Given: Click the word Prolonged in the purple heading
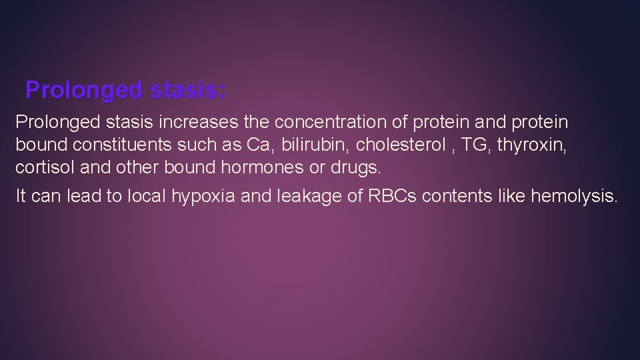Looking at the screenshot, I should (x=83, y=90).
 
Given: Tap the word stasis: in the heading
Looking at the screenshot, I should (x=188, y=90).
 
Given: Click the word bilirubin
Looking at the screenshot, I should (x=311, y=145).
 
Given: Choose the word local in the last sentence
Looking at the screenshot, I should (x=149, y=197).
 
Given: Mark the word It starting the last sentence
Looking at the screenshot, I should (x=21, y=197).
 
